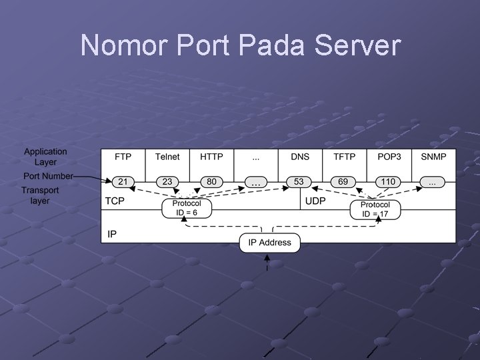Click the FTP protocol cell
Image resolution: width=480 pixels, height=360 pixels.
click(x=123, y=157)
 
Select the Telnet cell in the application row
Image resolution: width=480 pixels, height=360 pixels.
click(x=167, y=157)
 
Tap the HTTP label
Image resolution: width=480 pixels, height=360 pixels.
click(x=211, y=157)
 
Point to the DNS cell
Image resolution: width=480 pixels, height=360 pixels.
click(x=300, y=157)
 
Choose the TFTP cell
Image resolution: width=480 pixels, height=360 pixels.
click(x=344, y=157)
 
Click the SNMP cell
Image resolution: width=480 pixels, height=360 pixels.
click(x=433, y=157)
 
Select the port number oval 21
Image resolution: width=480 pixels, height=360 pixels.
click(x=123, y=181)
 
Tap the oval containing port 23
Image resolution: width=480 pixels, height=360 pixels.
click(x=167, y=181)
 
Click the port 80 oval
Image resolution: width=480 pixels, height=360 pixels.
click(x=211, y=181)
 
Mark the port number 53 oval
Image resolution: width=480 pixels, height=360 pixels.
click(x=299, y=181)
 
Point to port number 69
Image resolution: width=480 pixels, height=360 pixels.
click(x=343, y=181)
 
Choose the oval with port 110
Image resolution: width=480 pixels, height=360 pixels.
click(x=388, y=181)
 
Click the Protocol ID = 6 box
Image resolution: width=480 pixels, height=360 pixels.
click(x=187, y=209)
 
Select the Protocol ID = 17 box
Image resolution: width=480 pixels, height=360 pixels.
click(x=375, y=209)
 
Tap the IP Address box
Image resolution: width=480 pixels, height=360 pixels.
click(x=270, y=243)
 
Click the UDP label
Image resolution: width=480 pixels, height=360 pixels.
click(x=315, y=201)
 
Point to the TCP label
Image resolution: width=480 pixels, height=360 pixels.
click(x=115, y=201)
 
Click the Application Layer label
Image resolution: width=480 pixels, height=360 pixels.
click(x=46, y=157)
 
